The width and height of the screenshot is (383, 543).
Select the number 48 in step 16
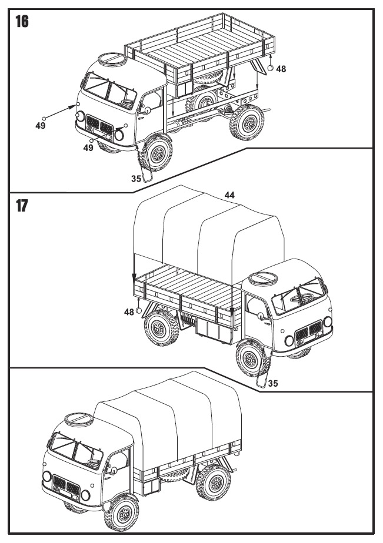[x=281, y=69]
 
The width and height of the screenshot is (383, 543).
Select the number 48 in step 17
[x=129, y=312]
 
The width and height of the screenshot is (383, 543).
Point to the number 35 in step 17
[x=272, y=383]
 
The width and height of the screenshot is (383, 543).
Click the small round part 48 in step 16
[x=271, y=68]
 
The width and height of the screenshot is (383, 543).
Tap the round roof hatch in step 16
[x=111, y=60]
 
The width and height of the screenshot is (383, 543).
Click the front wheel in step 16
[x=158, y=153]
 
